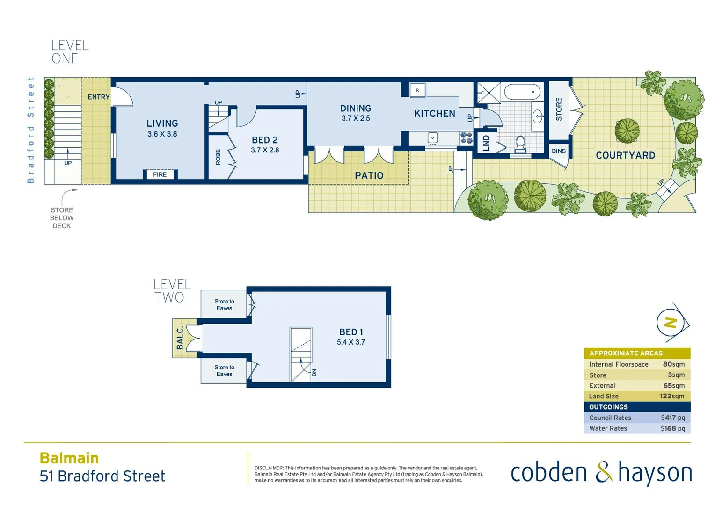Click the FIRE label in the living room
tap(160, 174)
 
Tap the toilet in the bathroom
tap(520, 144)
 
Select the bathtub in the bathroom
tap(522, 92)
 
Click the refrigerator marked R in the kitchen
tap(417, 90)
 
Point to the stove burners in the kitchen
tap(466, 137)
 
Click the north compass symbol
tap(671, 323)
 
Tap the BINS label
tap(558, 151)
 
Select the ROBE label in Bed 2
tap(218, 157)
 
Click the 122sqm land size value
tap(672, 396)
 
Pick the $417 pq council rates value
tap(672, 418)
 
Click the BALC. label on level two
tap(180, 338)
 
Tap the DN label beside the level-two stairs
tap(314, 373)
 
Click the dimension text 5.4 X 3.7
tap(350, 342)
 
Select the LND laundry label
tap(486, 143)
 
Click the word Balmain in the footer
tap(69, 458)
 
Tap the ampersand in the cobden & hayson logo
tap(603, 472)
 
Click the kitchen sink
tap(433, 137)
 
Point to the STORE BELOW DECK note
tap(62, 218)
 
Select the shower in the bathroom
tap(489, 93)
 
